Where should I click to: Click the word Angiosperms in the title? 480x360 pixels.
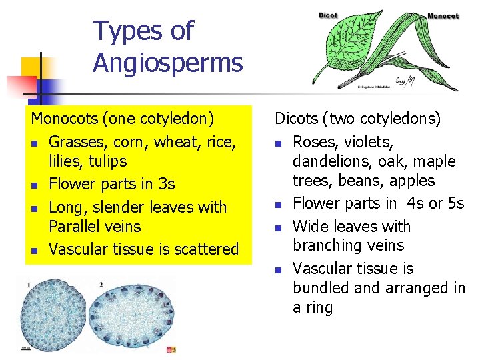click(x=167, y=63)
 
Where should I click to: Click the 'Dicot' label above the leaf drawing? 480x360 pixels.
click(x=328, y=15)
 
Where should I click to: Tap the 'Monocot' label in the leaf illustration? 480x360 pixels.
click(x=443, y=16)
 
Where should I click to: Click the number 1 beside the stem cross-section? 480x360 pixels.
click(x=29, y=285)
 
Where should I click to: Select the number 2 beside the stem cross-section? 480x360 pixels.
click(x=100, y=285)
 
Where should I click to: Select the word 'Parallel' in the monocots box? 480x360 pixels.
click(x=76, y=227)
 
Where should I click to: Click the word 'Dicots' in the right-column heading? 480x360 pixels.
click(x=297, y=119)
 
